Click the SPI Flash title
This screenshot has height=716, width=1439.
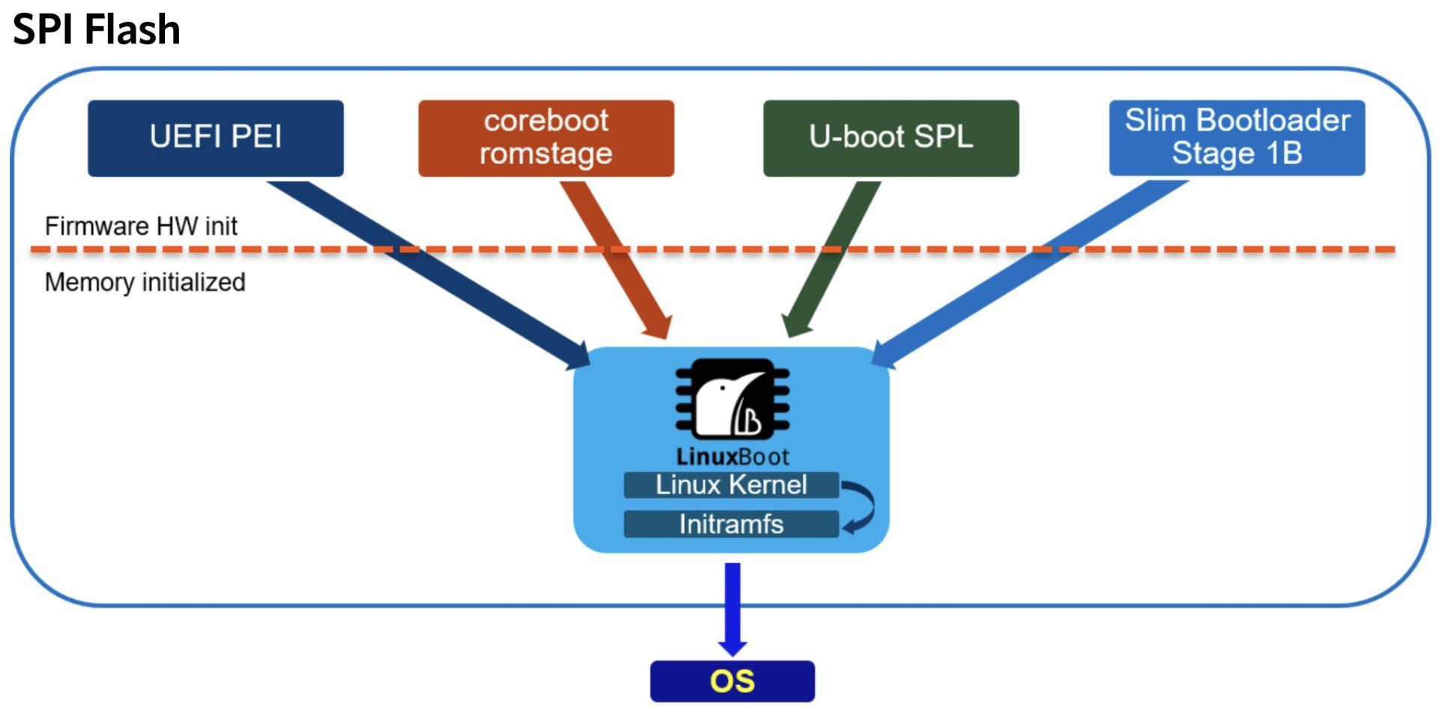click(97, 30)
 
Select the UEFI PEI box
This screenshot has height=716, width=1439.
click(216, 138)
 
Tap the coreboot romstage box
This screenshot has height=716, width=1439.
click(546, 138)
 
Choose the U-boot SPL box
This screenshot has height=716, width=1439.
click(891, 138)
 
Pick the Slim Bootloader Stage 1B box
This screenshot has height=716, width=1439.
click(1237, 138)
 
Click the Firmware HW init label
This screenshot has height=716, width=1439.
click(141, 226)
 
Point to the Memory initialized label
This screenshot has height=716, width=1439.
click(145, 282)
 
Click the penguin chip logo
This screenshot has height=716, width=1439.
click(731, 400)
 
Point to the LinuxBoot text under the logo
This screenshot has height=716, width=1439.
click(731, 457)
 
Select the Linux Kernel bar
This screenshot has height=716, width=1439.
click(731, 485)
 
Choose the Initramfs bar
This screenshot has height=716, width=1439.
click(731, 524)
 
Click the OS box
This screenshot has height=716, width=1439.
click(732, 681)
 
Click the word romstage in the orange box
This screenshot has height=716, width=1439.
click(546, 154)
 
